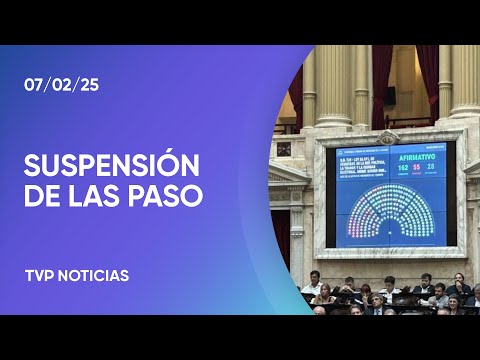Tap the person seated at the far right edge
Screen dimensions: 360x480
pyautogui.click(x=469, y=297)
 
